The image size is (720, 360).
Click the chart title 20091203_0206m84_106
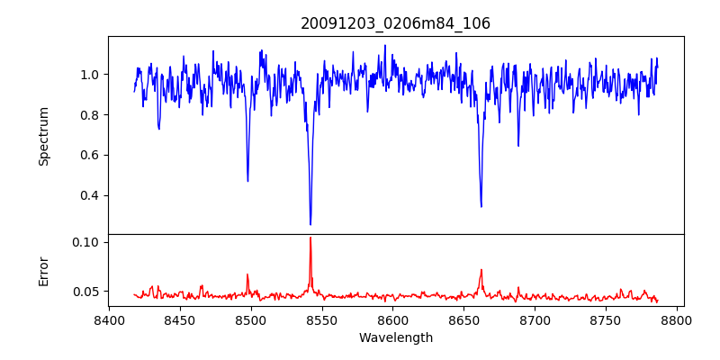395,23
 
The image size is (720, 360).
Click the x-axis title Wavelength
395,337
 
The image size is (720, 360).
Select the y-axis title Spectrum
43,136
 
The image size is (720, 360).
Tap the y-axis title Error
43,271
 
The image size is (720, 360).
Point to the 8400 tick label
109,319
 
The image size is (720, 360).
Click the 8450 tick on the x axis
180,319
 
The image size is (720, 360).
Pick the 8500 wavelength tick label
251,319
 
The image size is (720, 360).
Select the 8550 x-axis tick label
322,319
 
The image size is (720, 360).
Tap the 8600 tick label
393,319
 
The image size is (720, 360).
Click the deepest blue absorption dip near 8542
310,224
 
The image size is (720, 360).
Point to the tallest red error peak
310,238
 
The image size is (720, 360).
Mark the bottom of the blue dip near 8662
481,206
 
